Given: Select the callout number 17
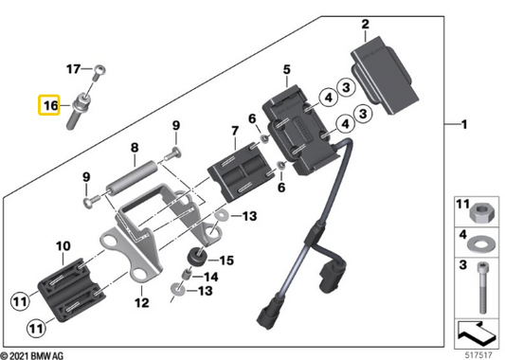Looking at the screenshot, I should [x=73, y=69].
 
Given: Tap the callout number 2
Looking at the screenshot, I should [x=365, y=24].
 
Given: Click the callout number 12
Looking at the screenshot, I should [x=142, y=303].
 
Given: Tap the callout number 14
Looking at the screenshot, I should [x=211, y=278].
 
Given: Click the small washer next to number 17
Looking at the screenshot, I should [x=100, y=68].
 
